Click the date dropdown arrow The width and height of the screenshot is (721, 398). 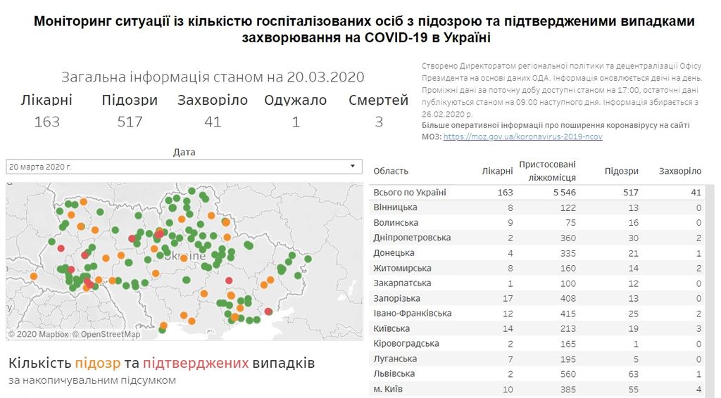coord(353,167)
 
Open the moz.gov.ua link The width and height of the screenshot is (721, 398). coord(522,136)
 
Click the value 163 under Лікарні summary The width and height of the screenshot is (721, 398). coord(47,122)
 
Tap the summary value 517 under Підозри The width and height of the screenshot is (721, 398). coord(130,122)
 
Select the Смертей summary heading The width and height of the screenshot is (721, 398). coord(378,101)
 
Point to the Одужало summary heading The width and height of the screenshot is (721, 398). coord(295,101)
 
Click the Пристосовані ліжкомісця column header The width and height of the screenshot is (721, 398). coord(547,171)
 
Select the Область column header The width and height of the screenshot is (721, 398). coord(391,171)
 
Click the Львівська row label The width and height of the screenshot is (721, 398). coord(394,374)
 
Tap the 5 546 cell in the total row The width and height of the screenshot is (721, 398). coord(565,193)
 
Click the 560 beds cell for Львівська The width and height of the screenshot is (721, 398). coord(568,374)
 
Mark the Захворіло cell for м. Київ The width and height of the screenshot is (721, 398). coord(697,389)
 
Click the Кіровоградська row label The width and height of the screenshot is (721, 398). coord(406,344)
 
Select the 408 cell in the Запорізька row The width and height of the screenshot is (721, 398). coord(568,298)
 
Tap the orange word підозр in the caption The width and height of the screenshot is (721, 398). coord(99,364)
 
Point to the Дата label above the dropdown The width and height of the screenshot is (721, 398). coord(184,152)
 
